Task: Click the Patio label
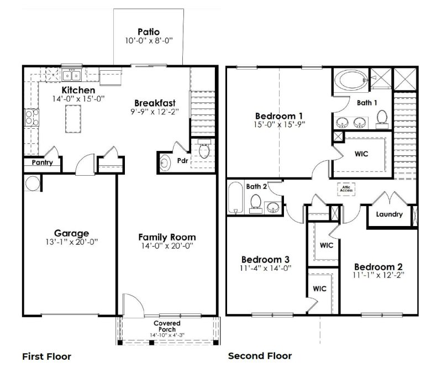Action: (x=149, y=32)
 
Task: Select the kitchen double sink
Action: (x=72, y=75)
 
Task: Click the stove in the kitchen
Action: (x=29, y=118)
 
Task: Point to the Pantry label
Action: (x=41, y=164)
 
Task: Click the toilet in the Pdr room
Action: (x=204, y=150)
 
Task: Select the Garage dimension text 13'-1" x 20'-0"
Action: (x=72, y=242)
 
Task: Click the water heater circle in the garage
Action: (x=31, y=182)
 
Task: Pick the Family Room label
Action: (x=167, y=237)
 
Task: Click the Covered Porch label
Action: (x=167, y=326)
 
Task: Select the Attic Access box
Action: (x=346, y=189)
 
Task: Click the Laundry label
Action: (x=389, y=214)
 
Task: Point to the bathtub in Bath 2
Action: (x=235, y=198)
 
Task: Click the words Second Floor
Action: (x=260, y=356)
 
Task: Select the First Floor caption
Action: (x=46, y=356)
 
